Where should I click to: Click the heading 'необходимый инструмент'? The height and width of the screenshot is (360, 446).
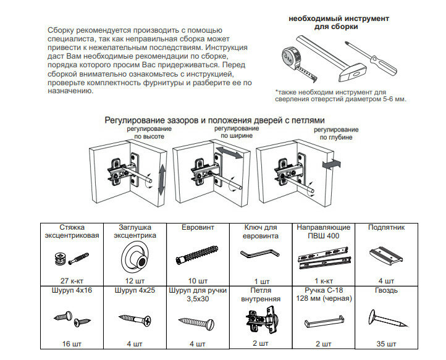pos(339,19)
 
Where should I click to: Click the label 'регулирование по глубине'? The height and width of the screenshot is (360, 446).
pos(335,133)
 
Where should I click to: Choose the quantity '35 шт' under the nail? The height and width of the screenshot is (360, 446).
pos(386,343)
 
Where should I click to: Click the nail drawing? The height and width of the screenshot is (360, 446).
pos(386,319)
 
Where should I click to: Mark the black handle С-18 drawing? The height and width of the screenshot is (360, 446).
pos(324,321)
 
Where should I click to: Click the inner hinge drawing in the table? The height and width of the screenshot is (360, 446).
pos(259,319)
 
